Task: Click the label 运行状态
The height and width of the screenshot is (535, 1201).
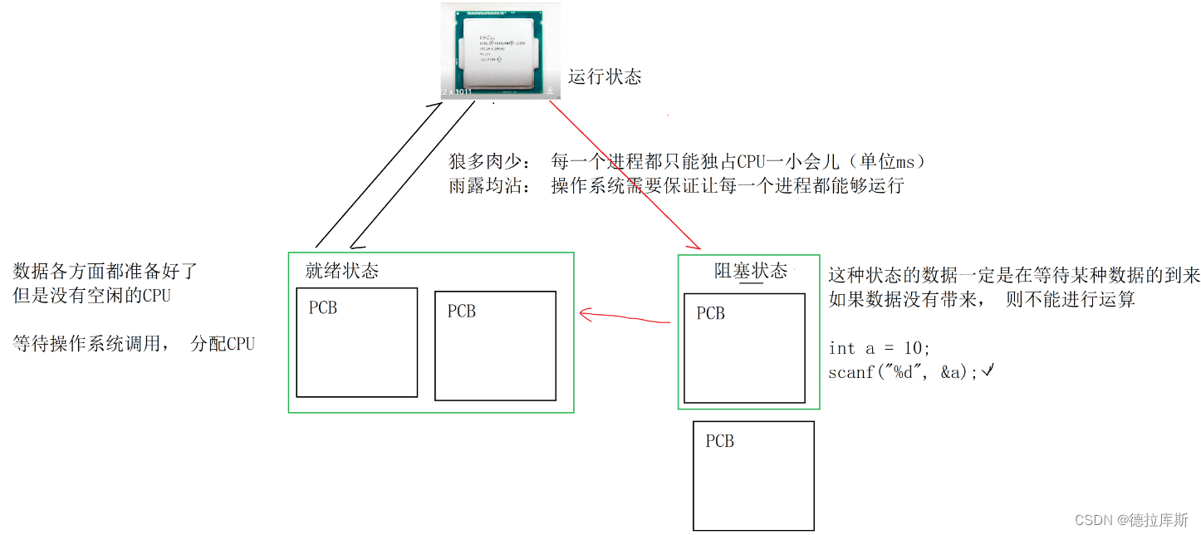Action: [605, 77]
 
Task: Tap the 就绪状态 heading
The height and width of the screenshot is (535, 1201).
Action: [342, 271]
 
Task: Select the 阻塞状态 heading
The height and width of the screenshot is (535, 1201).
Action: [751, 270]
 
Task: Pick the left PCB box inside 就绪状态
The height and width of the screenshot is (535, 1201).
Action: [357, 342]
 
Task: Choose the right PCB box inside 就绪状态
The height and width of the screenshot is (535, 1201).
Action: [496, 346]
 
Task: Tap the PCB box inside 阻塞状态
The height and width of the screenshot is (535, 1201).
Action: [744, 348]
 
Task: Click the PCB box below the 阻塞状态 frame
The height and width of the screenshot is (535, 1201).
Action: [753, 475]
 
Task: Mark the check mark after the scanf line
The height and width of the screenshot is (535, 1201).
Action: [988, 372]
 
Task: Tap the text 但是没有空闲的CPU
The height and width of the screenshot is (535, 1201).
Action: [91, 295]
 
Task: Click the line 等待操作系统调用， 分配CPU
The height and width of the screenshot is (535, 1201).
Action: [134, 343]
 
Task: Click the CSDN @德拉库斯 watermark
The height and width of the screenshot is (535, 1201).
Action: [1130, 520]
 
